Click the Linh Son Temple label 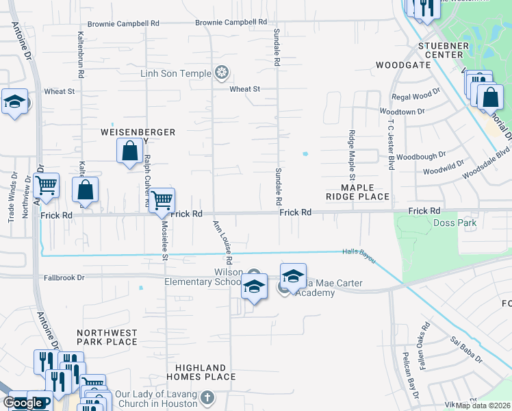[x=176, y=73]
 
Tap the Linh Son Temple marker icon [x=222, y=73]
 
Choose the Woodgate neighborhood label [x=403, y=65]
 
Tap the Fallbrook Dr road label [x=62, y=278]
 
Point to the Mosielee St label [x=164, y=240]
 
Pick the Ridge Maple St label [x=352, y=150]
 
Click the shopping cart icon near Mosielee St [x=162, y=200]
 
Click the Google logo [x=23, y=403]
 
